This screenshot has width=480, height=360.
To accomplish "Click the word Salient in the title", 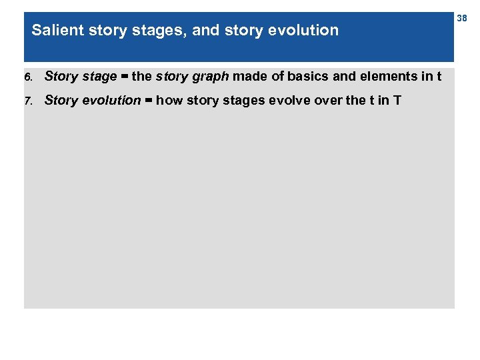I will point(53,30).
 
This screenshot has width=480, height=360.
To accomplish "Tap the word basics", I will point(307,76).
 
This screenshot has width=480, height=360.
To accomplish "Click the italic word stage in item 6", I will point(100,77).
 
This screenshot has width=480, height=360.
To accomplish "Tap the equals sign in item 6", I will point(124,76).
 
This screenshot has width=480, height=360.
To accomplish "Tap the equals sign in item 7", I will point(148,101).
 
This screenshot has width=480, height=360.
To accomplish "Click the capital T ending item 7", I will point(397,101).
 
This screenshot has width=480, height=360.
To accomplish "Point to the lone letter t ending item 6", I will point(439,76).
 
